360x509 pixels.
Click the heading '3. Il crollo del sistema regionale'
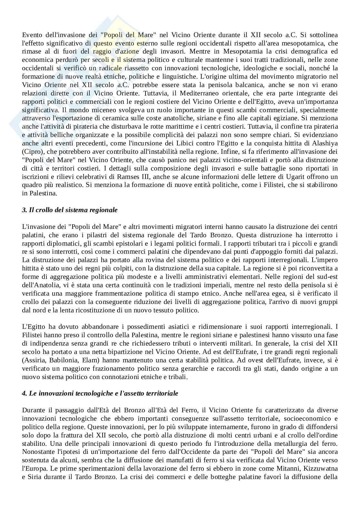70,210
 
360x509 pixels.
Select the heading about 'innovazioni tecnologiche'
100,393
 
